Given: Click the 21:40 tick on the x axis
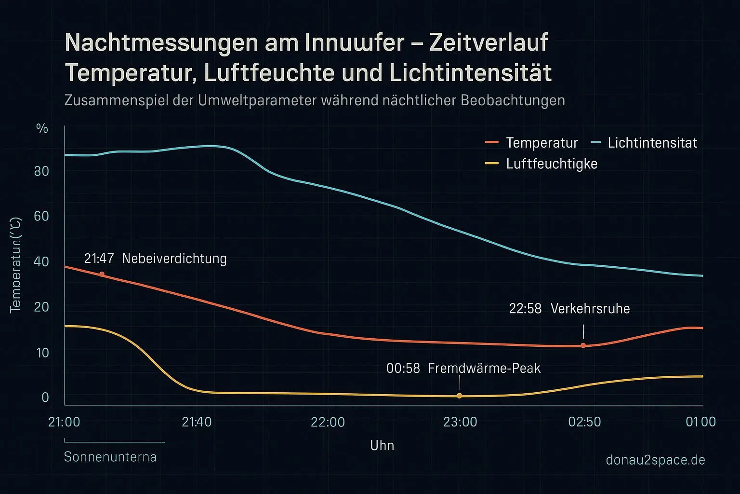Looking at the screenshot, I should coord(197,422).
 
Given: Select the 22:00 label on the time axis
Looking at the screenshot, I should coord(328,422).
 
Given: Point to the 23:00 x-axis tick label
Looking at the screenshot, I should coord(460,422).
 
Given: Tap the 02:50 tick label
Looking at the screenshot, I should coord(584,422).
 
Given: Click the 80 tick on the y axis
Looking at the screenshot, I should coord(42,171).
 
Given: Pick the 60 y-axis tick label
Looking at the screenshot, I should coord(42,216).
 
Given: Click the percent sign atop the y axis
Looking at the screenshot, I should coord(42,128).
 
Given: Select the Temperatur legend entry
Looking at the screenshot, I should coord(542,143).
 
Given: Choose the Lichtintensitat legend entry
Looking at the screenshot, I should coord(652,143).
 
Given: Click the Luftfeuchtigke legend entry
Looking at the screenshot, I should coord(552,164).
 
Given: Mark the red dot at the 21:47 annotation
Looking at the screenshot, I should coord(102,274).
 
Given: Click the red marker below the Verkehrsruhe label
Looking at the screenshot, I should coord(583,345).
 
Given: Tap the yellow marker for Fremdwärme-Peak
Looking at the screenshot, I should coord(459,396).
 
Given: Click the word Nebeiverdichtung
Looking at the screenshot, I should coord(174,259).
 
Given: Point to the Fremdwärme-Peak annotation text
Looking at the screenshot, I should coord(484,369).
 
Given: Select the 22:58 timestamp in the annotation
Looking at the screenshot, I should coord(525,309).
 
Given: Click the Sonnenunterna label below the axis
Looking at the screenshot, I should coord(110,457).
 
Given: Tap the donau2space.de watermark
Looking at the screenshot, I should coord(655,460).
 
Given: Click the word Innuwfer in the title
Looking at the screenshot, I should coord(354,42).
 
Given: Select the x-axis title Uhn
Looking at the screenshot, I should coord(382,445).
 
